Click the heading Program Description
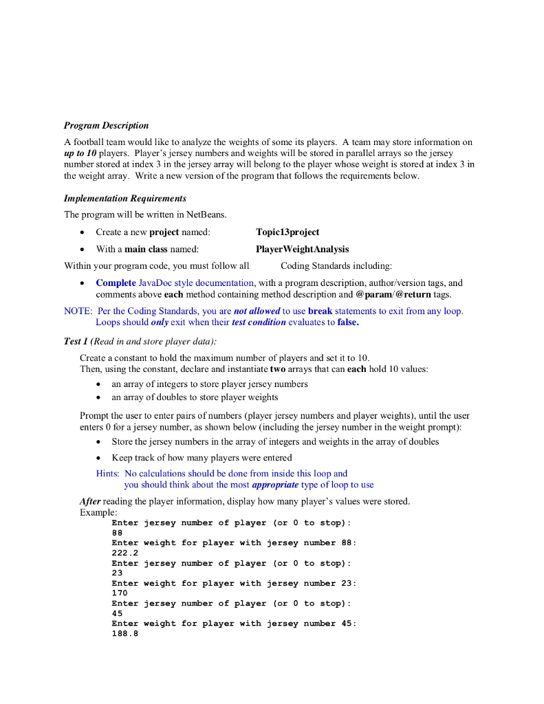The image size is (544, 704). coord(106,125)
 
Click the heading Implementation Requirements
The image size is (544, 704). coord(125,198)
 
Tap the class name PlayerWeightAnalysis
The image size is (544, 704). coord(302,249)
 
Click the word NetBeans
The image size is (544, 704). coord(206,214)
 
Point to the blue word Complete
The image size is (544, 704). coord(116,283)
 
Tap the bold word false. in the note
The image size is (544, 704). coord(348,322)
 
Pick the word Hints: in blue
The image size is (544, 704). coord(108,473)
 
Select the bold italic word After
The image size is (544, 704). coord(90,501)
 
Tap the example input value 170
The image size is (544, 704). coord(119,593)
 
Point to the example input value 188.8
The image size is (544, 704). coord(124,633)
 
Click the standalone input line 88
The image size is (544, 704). coord(117,532)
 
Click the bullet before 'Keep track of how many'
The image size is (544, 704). coord(100,458)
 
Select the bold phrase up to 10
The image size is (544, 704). coord(80,152)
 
